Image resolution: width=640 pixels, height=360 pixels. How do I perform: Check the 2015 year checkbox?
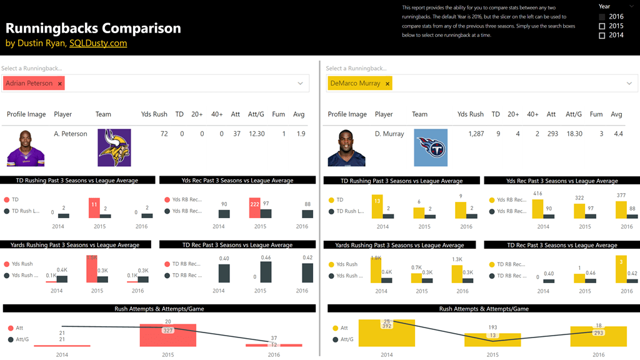[x=602, y=26]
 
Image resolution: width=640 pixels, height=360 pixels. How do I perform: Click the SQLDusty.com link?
[x=98, y=43]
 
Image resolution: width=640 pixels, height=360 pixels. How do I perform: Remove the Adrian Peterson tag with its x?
[x=60, y=84]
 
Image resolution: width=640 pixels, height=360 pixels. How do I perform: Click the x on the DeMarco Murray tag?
[x=387, y=84]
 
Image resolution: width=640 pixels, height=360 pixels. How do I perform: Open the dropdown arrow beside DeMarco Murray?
[x=629, y=84]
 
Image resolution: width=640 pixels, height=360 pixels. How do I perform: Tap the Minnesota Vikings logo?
[x=114, y=147]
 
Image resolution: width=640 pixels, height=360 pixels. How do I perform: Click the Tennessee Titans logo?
[x=431, y=147]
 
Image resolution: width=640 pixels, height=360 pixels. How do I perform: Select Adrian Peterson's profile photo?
[x=26, y=147]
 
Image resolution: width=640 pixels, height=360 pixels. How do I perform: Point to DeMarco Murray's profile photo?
[x=346, y=147]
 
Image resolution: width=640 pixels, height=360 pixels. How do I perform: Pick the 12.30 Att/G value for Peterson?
[x=256, y=134]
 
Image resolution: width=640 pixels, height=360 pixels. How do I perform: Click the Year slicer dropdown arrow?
[x=631, y=6]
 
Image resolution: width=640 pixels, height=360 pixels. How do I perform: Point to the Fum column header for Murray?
[x=596, y=114]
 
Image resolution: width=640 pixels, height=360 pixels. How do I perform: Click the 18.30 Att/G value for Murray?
[x=574, y=134]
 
